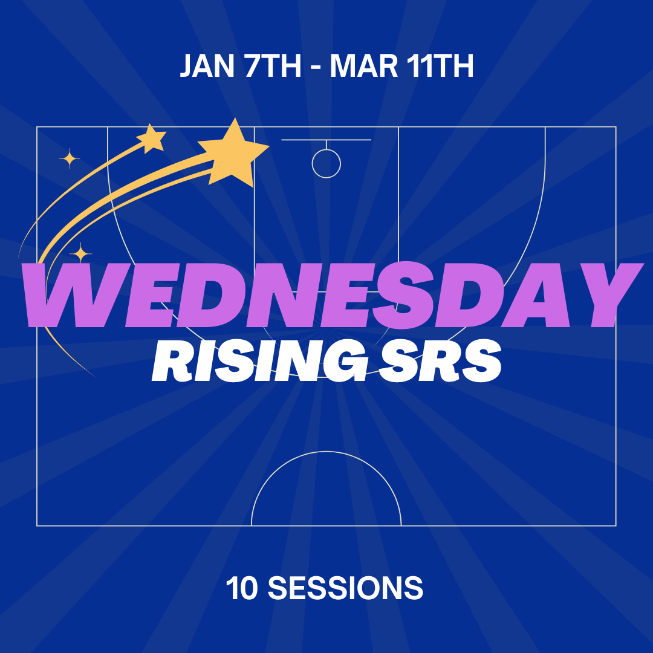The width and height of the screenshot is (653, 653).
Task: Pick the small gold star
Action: [152, 138]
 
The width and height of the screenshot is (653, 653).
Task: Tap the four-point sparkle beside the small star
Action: [70, 158]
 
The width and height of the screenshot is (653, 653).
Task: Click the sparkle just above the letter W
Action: [80, 253]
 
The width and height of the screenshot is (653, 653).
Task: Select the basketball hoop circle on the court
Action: [326, 163]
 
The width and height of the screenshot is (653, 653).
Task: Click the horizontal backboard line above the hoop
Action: [326, 140]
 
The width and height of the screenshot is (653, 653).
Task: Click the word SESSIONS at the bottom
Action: [345, 588]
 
